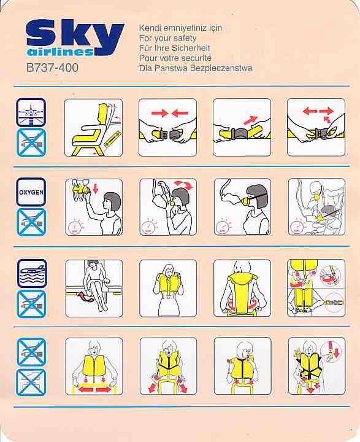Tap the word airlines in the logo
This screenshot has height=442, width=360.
(61, 52)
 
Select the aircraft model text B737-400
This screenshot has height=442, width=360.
(52, 68)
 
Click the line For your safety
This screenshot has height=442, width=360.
(167, 38)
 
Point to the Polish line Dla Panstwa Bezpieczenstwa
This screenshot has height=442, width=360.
(196, 68)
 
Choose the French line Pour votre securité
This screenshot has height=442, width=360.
(175, 58)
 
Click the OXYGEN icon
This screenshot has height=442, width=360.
(31, 192)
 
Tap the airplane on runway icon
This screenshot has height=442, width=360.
(31, 112)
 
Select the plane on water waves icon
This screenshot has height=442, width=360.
(32, 273)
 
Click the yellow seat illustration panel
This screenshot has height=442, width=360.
(93, 128)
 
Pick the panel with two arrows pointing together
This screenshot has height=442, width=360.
(167, 128)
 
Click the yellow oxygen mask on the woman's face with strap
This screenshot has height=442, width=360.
(246, 201)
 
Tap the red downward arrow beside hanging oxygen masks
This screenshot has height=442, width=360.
(96, 189)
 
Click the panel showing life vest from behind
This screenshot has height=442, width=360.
(242, 288)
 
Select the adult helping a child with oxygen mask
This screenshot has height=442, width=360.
(316, 207)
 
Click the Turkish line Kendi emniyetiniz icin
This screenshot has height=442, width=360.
(180, 28)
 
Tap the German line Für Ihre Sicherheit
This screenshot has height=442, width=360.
(175, 48)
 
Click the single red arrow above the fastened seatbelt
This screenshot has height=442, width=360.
(251, 120)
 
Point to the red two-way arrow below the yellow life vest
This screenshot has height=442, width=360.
(94, 389)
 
